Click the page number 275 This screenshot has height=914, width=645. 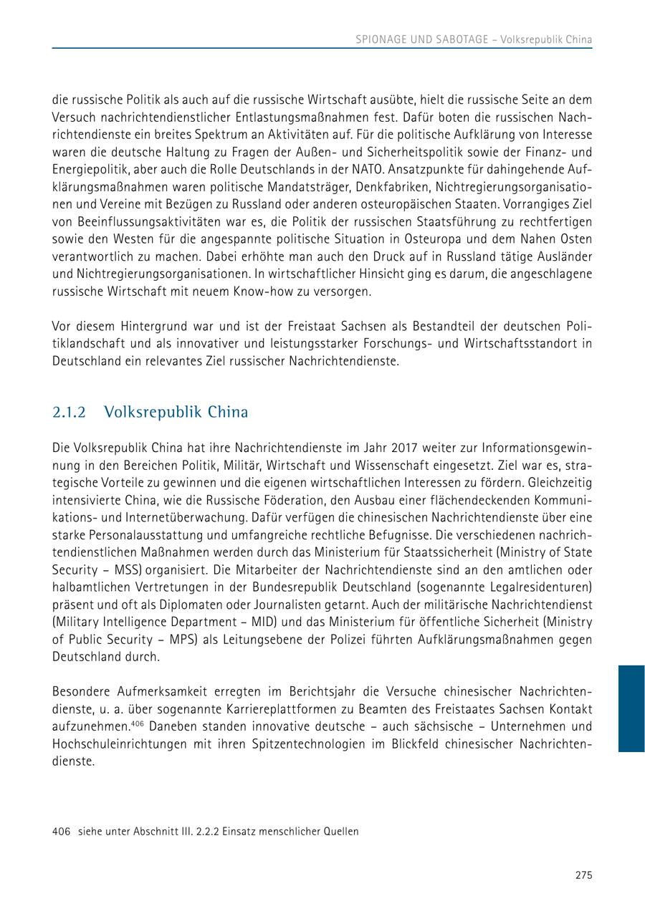pyautogui.click(x=583, y=875)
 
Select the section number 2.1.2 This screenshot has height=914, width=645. pyautogui.click(x=69, y=413)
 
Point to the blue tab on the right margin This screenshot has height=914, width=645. pyautogui.click(x=631, y=708)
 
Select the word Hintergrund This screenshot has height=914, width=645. pyautogui.click(x=139, y=327)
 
